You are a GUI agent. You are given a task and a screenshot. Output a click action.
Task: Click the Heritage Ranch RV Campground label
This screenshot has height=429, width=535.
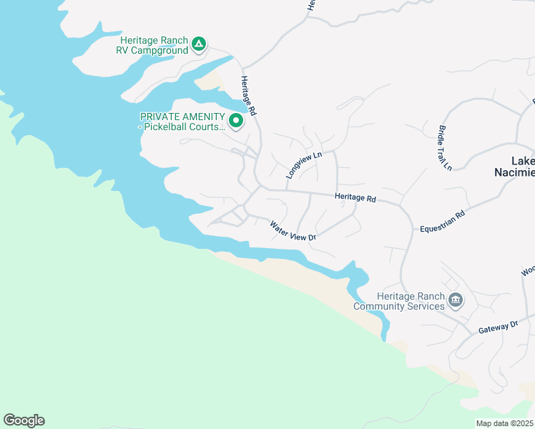click(154, 46)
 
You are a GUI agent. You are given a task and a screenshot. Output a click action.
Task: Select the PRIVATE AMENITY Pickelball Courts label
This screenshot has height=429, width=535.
click(182, 122)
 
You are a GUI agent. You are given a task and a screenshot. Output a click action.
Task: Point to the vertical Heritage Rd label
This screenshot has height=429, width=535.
click(248, 97)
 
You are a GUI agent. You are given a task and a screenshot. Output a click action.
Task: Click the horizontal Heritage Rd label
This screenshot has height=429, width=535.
click(355, 198)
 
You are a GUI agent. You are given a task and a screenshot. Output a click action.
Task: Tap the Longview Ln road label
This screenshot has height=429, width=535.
click(304, 165)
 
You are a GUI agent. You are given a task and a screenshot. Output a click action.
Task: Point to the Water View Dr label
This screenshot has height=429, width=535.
click(293, 231)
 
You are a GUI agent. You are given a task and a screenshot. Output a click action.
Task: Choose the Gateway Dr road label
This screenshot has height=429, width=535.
click(499, 326)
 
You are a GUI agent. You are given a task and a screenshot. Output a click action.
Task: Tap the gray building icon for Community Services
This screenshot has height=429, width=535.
click(455, 300)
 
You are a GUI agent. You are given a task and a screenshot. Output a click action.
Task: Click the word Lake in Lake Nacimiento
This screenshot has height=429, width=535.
click(523, 162)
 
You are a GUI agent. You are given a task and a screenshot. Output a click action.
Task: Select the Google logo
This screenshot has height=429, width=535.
click(24, 420)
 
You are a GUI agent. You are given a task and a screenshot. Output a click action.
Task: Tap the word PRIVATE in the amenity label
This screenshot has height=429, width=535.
click(158, 117)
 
